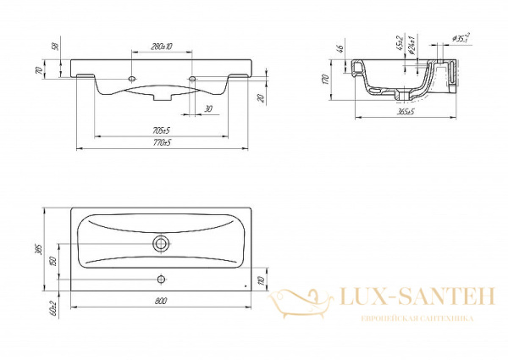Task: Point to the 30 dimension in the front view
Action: point(208,108)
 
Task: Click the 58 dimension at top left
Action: point(55,45)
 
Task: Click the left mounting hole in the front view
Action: point(133,78)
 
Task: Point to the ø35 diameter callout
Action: point(461,37)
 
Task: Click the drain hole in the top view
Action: point(160,243)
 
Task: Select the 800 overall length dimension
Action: point(160,302)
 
